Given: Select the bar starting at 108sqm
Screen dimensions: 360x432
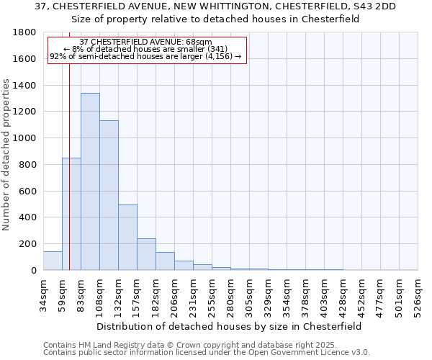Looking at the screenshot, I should coord(109,195).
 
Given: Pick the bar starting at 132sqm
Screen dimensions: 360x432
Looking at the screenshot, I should coord(127,238).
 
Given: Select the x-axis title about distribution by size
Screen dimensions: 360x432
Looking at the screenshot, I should coord(230,326).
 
